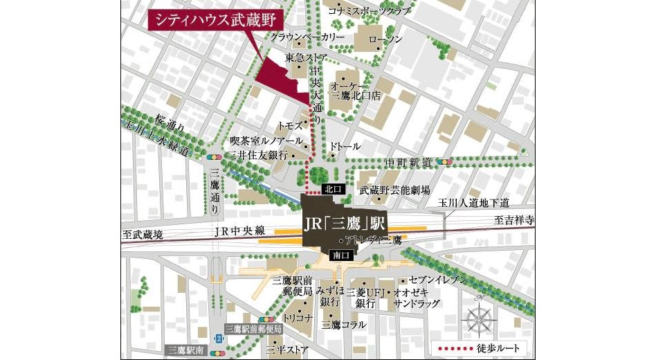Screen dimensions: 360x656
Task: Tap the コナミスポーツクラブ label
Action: coord(369,11)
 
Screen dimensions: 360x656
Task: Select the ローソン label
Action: coord(385,39)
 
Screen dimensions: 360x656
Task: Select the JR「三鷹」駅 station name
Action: coord(344,224)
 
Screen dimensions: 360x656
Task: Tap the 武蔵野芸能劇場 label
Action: coord(394,190)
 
